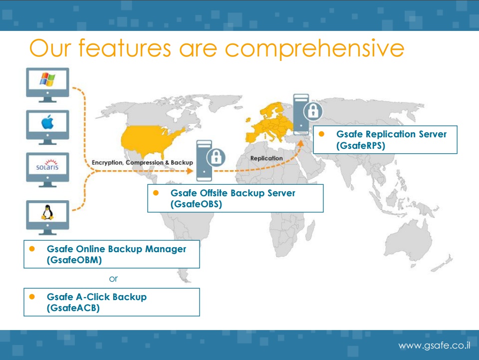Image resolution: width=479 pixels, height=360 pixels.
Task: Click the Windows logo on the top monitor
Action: click(x=47, y=79)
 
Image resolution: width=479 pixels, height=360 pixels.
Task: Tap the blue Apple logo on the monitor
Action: click(x=47, y=122)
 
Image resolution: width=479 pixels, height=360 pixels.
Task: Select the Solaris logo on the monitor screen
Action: click(x=47, y=165)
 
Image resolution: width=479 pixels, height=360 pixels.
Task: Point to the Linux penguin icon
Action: click(x=47, y=212)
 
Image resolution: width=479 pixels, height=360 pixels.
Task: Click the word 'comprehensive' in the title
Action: click(x=315, y=49)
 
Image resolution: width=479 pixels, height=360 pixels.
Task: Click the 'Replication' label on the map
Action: click(x=266, y=158)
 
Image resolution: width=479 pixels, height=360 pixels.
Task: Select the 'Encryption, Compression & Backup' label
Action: click(x=142, y=163)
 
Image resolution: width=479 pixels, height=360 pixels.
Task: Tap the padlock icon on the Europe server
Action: click(x=313, y=111)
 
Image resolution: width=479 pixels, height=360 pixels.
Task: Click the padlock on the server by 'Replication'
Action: click(x=216, y=157)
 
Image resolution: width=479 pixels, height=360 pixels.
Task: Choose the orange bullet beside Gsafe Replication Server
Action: click(x=321, y=134)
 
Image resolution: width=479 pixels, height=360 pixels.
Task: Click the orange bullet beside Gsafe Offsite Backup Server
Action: click(x=156, y=193)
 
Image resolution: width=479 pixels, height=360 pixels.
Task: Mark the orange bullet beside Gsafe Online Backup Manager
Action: click(x=32, y=249)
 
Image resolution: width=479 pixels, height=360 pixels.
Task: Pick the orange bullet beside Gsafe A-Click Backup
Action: click(x=32, y=297)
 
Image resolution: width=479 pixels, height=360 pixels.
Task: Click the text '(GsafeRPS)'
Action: click(x=361, y=145)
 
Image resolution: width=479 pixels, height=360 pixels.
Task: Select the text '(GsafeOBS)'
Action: click(x=196, y=204)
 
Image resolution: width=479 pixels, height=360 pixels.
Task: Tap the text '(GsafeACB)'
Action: click(x=73, y=308)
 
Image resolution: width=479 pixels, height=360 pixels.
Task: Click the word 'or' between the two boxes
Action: click(x=113, y=279)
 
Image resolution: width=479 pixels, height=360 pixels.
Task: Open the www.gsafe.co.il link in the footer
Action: click(x=434, y=346)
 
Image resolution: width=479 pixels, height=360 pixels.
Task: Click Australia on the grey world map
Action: click(x=409, y=238)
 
